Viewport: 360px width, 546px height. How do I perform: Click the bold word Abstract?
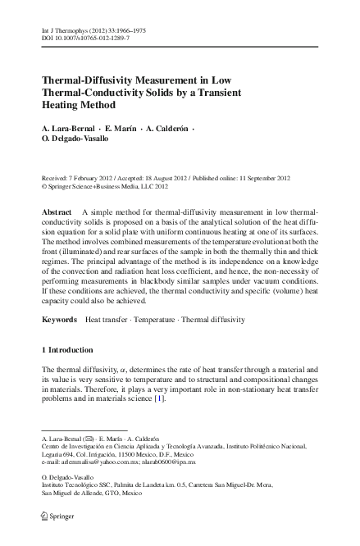coord(57,212)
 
